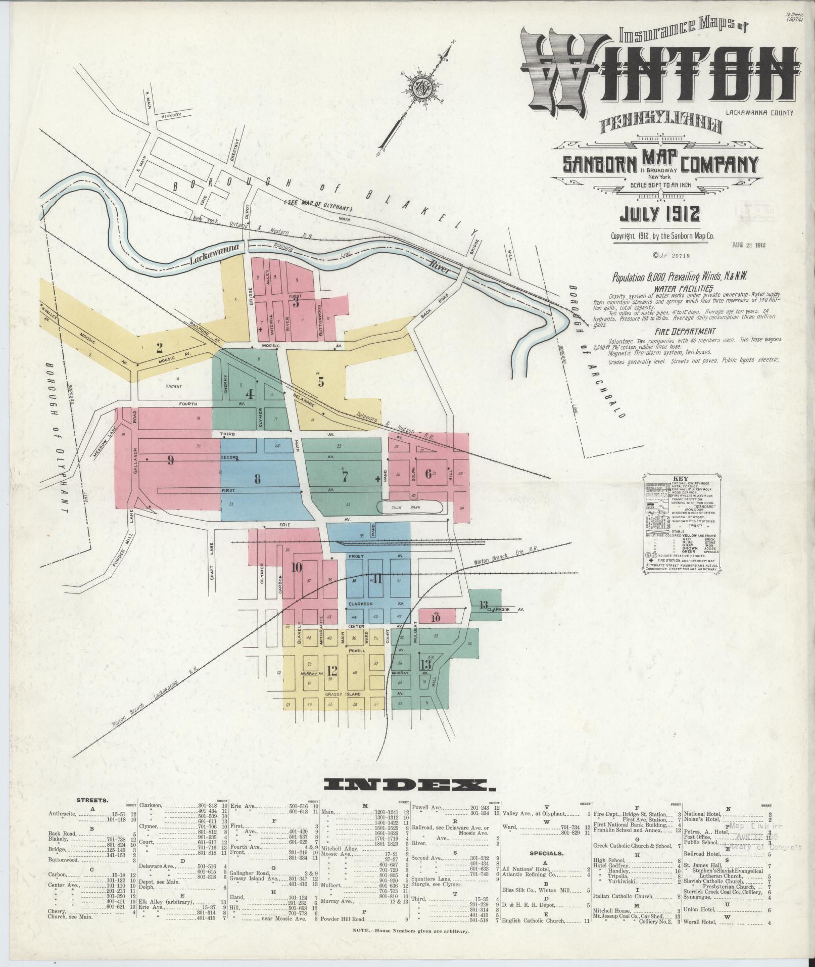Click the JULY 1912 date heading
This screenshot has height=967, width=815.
660,214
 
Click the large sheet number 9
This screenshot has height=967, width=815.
171,461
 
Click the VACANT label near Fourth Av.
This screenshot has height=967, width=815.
176,386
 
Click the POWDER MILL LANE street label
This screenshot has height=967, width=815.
123,542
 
